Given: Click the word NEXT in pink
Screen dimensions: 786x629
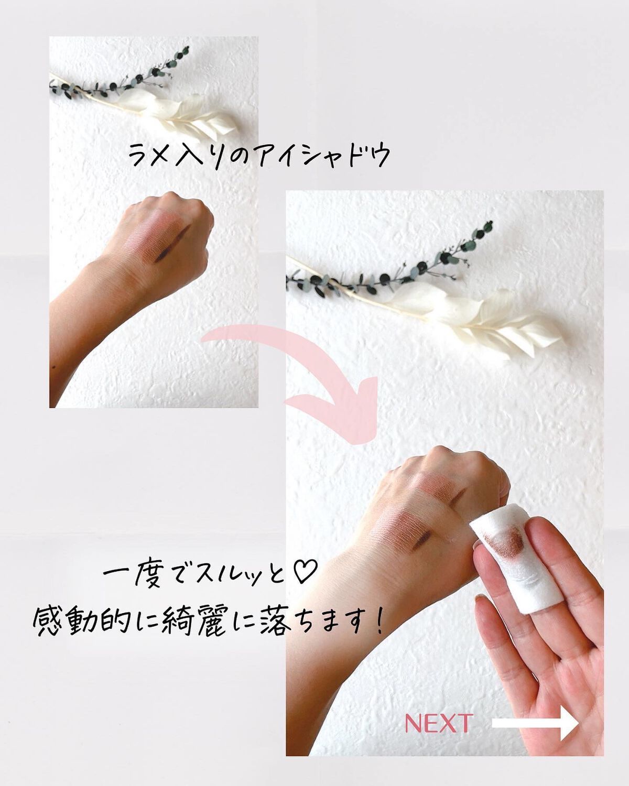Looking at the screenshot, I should pyautogui.click(x=438, y=724).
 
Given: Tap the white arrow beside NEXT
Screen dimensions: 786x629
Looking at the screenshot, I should pyautogui.click(x=535, y=724).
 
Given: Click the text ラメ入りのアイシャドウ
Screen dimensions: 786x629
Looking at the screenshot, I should pyautogui.click(x=259, y=155).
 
